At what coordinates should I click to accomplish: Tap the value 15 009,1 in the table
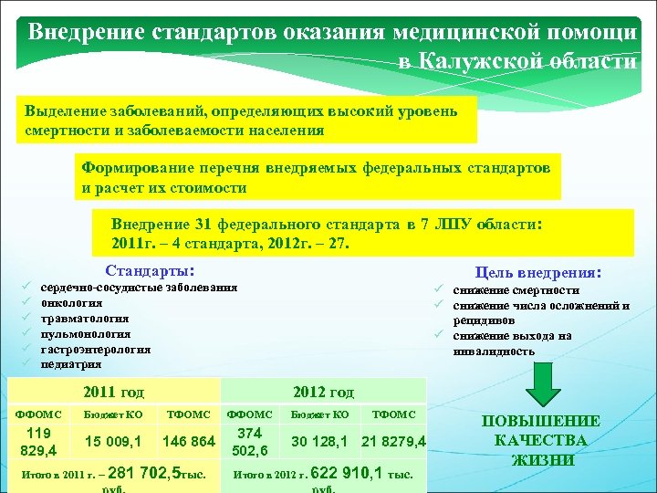point(113,442)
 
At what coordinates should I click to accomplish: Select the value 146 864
point(189,442)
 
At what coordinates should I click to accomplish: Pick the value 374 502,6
point(249,442)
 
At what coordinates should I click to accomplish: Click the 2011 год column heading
point(113,393)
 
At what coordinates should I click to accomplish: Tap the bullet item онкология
point(72,302)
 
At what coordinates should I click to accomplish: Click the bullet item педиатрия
point(70,364)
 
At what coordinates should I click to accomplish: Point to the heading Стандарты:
point(150,271)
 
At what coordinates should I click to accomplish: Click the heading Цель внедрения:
point(538,272)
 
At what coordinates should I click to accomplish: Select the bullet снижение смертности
point(516,290)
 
